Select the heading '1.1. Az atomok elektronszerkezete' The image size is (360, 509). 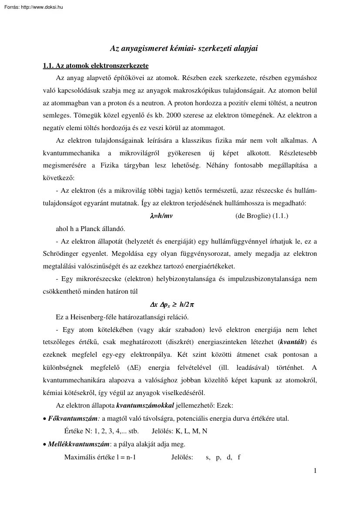(96, 66)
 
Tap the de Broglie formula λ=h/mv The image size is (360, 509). (161, 216)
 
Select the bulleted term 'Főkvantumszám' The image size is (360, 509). (73, 419)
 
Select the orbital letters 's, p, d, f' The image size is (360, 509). (223, 457)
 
